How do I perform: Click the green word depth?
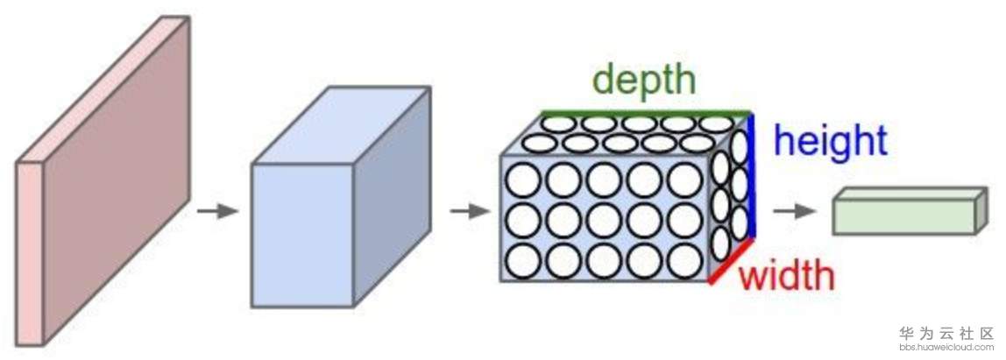click(x=645, y=81)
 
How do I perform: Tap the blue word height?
click(x=831, y=140)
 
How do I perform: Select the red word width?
click(x=786, y=276)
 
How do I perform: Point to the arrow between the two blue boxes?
click(x=469, y=211)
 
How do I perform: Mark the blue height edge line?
click(x=753, y=175)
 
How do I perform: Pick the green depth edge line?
click(x=646, y=113)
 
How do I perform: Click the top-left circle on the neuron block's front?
click(x=523, y=180)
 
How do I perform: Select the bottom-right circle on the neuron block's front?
click(x=684, y=260)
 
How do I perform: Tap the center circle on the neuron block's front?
click(x=604, y=221)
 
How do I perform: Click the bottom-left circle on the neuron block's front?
click(x=523, y=260)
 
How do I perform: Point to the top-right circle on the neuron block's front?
click(x=684, y=180)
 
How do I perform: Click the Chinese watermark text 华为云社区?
click(x=947, y=334)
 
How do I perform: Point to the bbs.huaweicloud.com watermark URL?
click(x=947, y=348)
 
